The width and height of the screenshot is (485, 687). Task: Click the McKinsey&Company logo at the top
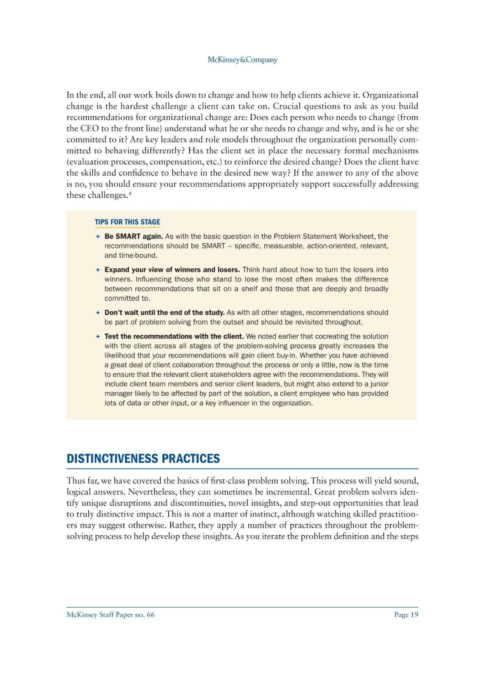(242, 60)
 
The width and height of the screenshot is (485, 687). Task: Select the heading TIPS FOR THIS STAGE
(127, 222)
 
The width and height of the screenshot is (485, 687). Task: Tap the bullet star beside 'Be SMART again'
(97, 237)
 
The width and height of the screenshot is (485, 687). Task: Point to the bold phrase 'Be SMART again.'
(134, 236)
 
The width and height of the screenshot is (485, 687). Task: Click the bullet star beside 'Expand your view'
(97, 270)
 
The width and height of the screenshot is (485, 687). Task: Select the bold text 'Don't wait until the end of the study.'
(164, 313)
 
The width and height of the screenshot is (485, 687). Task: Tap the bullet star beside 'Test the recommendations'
(97, 337)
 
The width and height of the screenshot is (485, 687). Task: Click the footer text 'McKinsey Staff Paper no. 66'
(110, 615)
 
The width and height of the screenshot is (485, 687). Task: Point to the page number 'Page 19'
(406, 615)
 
